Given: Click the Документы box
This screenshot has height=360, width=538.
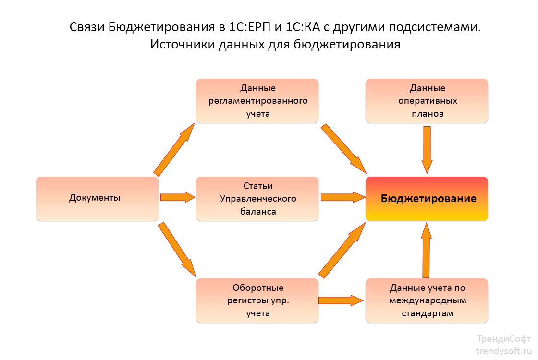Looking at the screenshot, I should tap(97, 198).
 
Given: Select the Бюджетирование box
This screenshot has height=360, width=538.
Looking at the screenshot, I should tap(427, 199).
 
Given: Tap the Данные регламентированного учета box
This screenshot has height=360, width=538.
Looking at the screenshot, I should tap(257, 101).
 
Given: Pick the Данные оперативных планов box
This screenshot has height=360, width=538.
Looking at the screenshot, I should tap(427, 101).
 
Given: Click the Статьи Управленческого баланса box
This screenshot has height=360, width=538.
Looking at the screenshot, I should tap(257, 198).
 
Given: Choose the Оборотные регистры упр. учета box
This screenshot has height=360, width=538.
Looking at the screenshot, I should tap(257, 300).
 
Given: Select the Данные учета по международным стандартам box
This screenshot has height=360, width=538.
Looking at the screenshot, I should tap(427, 300).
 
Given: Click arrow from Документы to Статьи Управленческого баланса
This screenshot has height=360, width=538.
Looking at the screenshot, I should tap(177, 197).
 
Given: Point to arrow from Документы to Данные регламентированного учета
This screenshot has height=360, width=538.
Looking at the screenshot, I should tap(174, 149).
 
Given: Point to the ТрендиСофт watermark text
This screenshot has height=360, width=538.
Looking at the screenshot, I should tap(503, 338).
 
